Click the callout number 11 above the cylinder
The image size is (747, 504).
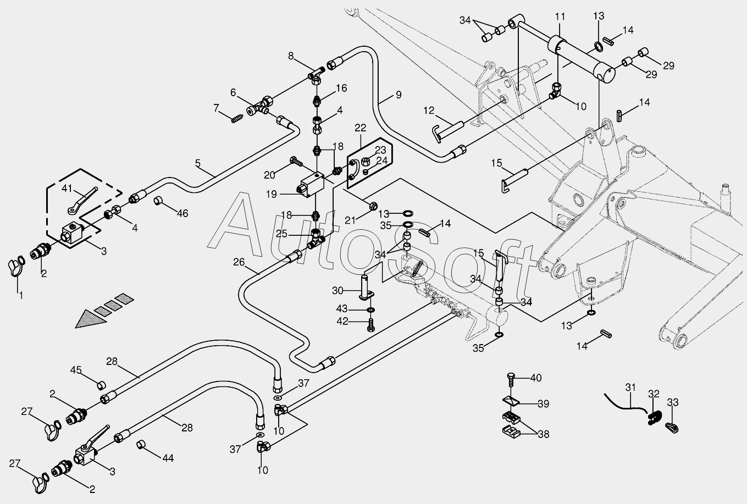click(560, 16)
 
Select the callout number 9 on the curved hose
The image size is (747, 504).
click(398, 95)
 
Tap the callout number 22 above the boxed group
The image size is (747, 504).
click(360, 128)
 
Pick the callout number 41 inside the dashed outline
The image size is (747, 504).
click(67, 189)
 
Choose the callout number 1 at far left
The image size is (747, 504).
click(21, 296)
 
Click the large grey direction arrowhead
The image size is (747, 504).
click(91, 319)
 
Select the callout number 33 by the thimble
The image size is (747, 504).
click(673, 403)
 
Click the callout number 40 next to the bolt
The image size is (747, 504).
click(535, 378)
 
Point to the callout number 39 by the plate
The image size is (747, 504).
click(543, 404)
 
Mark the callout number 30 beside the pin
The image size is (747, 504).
click(337, 290)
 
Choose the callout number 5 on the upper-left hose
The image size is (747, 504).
click(198, 163)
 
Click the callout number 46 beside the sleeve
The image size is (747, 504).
click(182, 213)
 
